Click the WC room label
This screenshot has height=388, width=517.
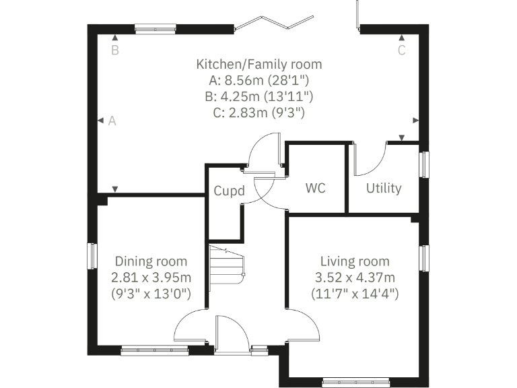click(315, 188)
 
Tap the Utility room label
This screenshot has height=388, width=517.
click(384, 188)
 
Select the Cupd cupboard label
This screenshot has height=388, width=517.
click(228, 191)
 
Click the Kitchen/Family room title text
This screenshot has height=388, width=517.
click(258, 65)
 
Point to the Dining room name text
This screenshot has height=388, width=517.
click(151, 261)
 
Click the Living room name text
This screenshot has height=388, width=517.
click(355, 261)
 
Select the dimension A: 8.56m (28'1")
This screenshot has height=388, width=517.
click(258, 81)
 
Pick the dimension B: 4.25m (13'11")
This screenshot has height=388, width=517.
click(258, 97)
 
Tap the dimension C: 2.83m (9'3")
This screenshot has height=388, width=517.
click(258, 113)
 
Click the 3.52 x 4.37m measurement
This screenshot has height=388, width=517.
click(355, 278)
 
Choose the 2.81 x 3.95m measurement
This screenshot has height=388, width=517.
click(151, 278)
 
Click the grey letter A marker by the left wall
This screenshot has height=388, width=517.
click(112, 121)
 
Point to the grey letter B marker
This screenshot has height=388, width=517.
click(115, 50)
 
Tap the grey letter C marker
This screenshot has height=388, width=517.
click(401, 50)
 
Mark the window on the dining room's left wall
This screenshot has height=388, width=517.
click(94, 256)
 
